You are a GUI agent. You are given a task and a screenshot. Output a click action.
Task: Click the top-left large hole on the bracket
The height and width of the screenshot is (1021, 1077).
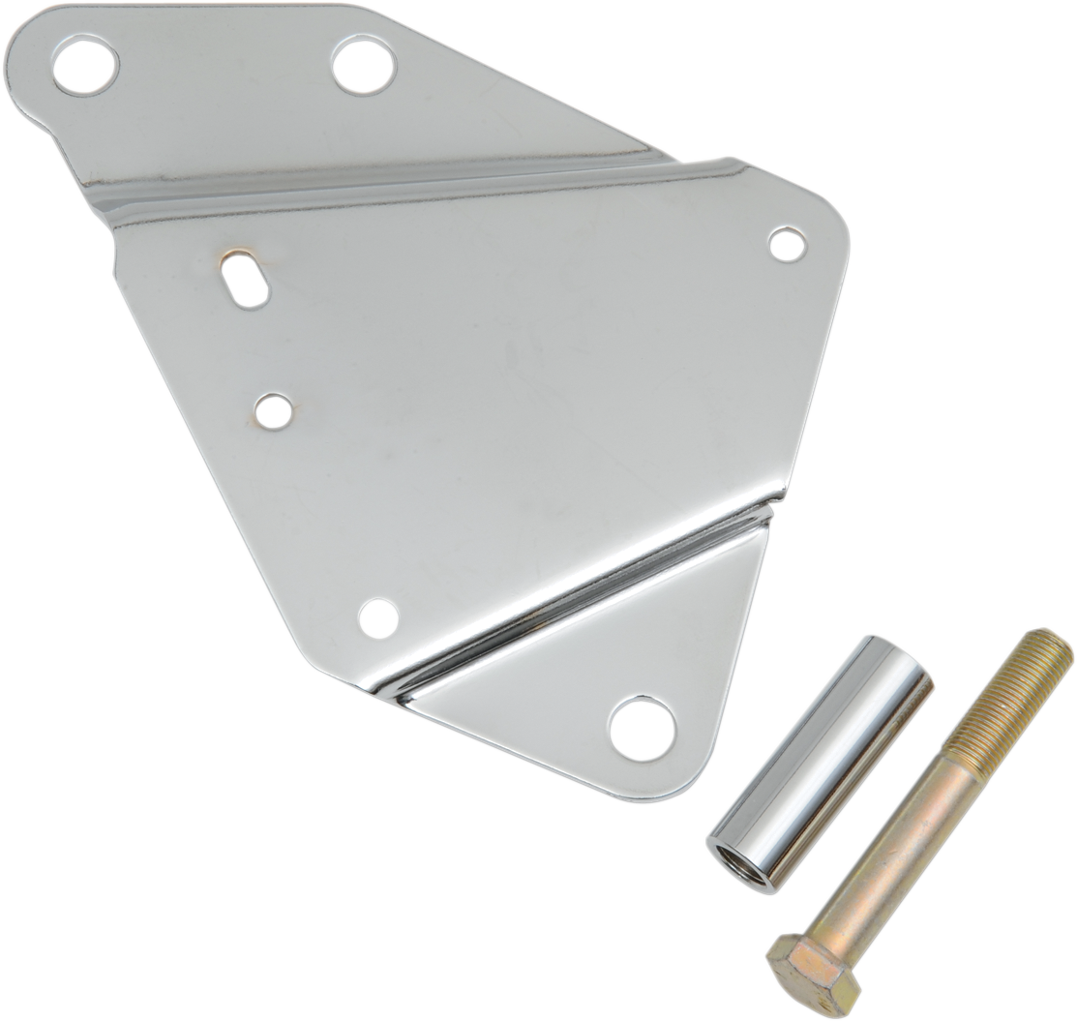point(86,65)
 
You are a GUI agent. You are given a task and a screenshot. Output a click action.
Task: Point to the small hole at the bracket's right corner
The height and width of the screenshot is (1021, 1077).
point(787,244)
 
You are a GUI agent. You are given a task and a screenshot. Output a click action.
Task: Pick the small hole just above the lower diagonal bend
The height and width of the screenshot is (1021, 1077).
point(378,617)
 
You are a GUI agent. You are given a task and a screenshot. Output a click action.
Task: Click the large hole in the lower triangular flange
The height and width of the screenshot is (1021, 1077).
point(641,724)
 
